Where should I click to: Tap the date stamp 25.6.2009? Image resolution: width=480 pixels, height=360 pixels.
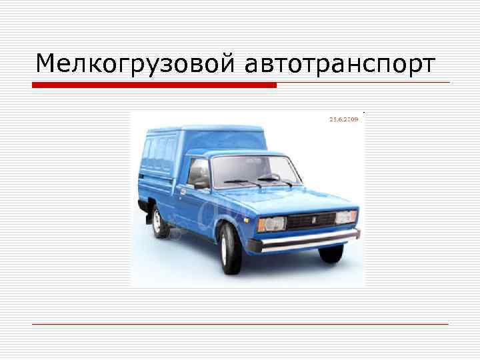click(344, 119)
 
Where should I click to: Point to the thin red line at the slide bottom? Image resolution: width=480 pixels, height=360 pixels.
click(240, 325)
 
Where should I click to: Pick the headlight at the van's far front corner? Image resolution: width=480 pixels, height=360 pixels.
click(347, 217)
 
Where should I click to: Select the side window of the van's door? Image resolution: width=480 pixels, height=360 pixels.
click(199, 172)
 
